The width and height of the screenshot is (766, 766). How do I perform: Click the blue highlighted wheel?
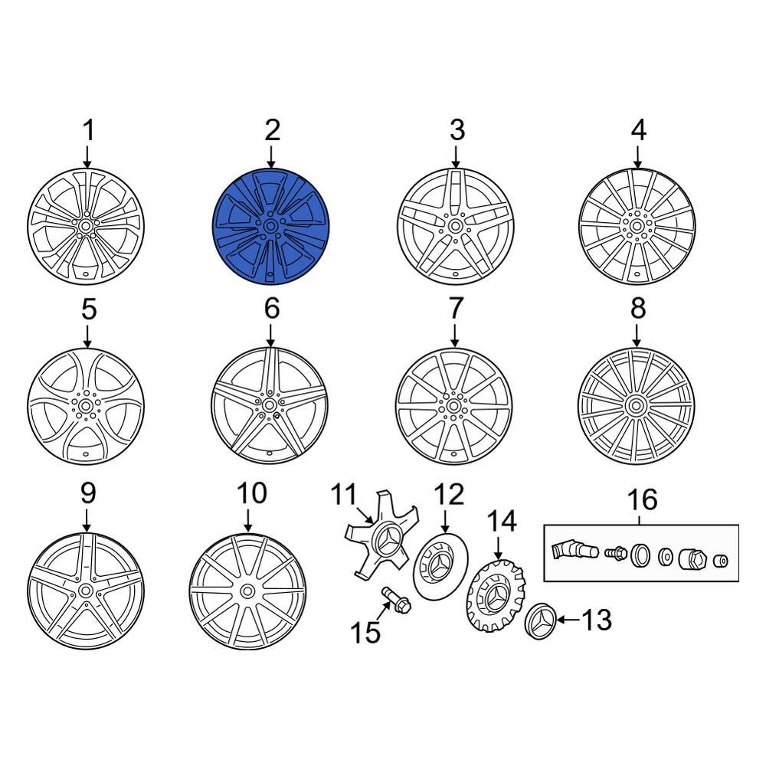(270, 227)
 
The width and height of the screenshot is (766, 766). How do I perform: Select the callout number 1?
(89, 130)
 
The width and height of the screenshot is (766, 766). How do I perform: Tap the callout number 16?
(642, 500)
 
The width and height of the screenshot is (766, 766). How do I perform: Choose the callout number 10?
(253, 493)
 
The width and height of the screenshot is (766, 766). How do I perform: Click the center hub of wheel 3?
(456, 227)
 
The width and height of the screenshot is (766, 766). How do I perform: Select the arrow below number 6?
(271, 333)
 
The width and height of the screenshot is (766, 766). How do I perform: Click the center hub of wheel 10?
(248, 591)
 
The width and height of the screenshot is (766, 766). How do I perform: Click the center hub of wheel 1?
(86, 227)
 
